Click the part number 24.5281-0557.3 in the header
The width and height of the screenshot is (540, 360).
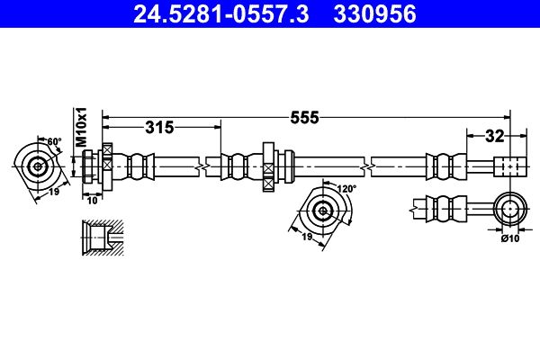click(221, 14)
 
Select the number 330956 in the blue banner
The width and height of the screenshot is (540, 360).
click(374, 14)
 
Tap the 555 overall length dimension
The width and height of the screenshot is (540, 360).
click(305, 118)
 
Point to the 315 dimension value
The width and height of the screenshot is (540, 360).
click(159, 128)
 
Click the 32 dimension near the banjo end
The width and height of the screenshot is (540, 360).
click(494, 137)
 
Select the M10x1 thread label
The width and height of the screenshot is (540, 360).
click(82, 127)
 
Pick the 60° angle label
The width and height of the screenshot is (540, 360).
click(54, 141)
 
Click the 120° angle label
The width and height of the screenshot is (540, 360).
click(346, 188)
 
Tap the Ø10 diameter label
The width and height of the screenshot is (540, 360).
click(510, 238)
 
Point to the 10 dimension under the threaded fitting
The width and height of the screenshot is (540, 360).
click(93, 200)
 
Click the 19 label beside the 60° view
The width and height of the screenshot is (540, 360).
click(54, 192)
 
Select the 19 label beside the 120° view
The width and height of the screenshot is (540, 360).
click(307, 237)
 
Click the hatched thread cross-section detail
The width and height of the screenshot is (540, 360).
click(103, 238)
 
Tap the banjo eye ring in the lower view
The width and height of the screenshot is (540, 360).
click(510, 209)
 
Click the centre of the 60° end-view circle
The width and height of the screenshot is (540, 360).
click(37, 166)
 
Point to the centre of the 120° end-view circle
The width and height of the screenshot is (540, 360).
click(323, 210)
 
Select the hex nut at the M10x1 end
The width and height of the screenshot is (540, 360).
click(87, 166)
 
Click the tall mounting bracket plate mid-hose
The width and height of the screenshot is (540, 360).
click(268, 166)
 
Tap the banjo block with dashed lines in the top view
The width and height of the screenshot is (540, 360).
click(510, 166)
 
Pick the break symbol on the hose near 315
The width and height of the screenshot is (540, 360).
click(202, 166)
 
